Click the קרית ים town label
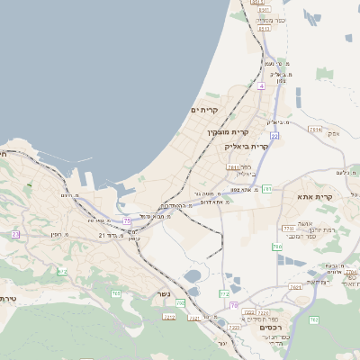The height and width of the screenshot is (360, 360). (205, 110)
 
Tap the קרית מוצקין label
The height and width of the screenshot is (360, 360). (213, 132)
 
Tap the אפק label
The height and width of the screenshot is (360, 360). (334, 133)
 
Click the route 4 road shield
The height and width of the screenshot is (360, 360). (260, 85)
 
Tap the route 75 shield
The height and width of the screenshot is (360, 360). (127, 220)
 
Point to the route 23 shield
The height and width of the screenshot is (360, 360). (15, 234)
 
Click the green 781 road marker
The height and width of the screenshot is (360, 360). (267, 189)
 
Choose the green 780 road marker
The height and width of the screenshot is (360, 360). (277, 247)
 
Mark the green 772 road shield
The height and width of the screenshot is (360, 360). (224, 294)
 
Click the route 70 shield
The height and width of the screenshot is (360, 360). (232, 306)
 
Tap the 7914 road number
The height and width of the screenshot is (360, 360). (315, 130)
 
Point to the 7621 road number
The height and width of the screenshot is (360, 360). (296, 287)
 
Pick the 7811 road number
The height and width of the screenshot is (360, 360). (233, 166)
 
